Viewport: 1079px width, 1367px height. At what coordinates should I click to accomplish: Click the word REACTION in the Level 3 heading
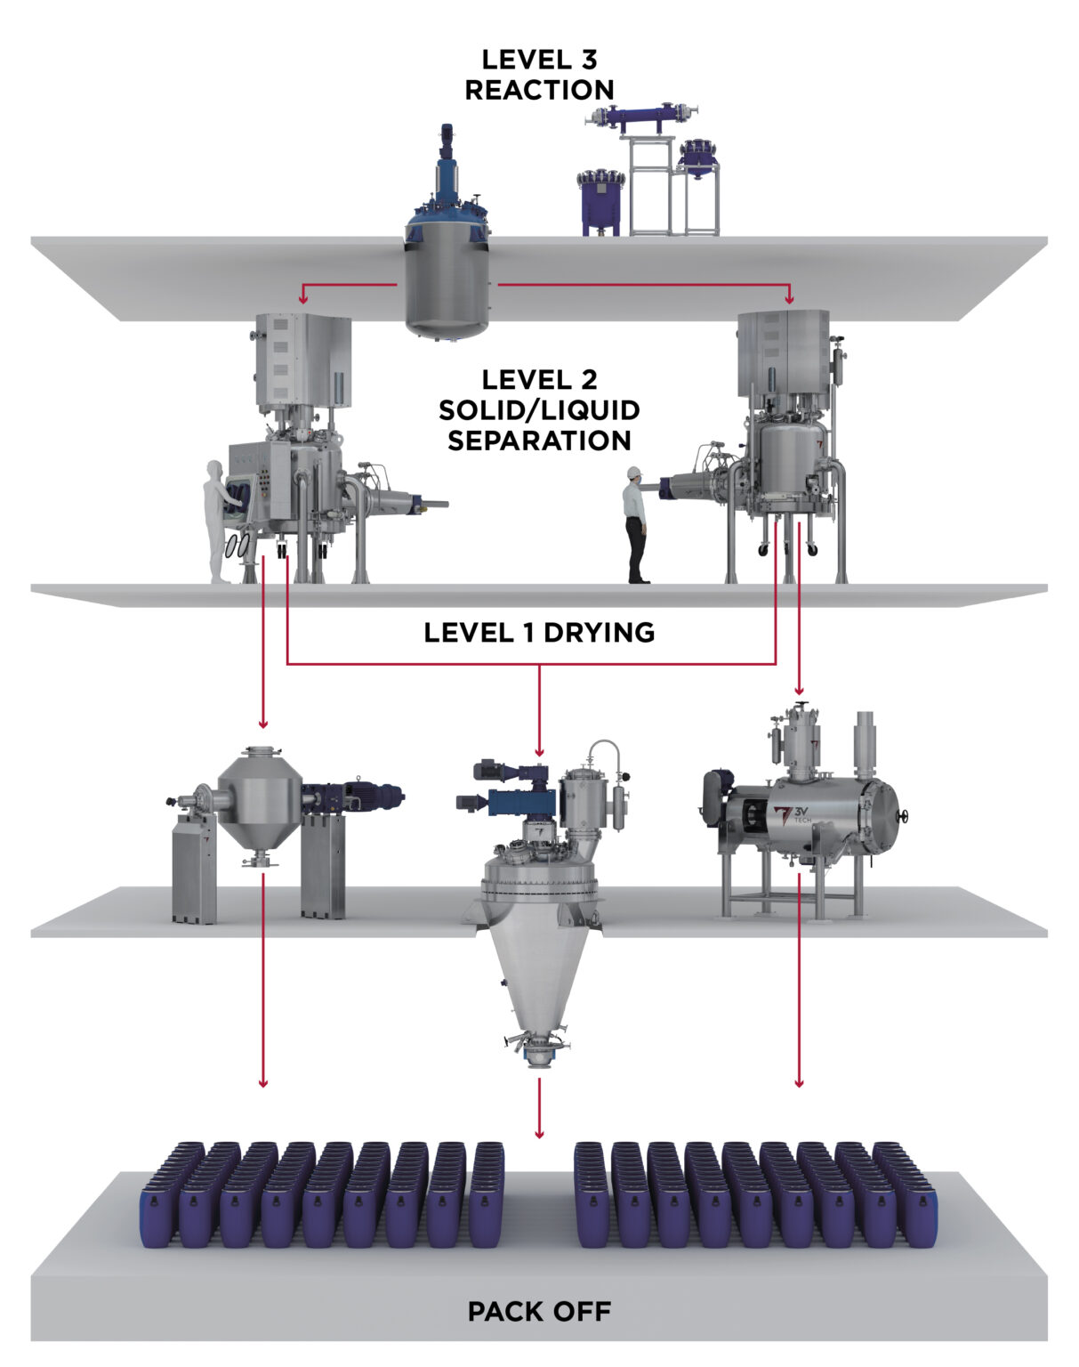[539, 90]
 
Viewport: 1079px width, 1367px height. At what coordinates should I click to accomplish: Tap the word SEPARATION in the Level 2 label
[539, 441]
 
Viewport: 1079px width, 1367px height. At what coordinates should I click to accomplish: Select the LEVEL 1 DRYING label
[539, 633]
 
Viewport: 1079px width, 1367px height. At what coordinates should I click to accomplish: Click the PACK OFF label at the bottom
[539, 1311]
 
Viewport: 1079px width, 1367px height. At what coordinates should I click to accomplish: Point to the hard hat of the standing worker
[634, 472]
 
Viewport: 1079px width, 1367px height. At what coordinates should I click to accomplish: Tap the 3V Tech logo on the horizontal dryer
[784, 817]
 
